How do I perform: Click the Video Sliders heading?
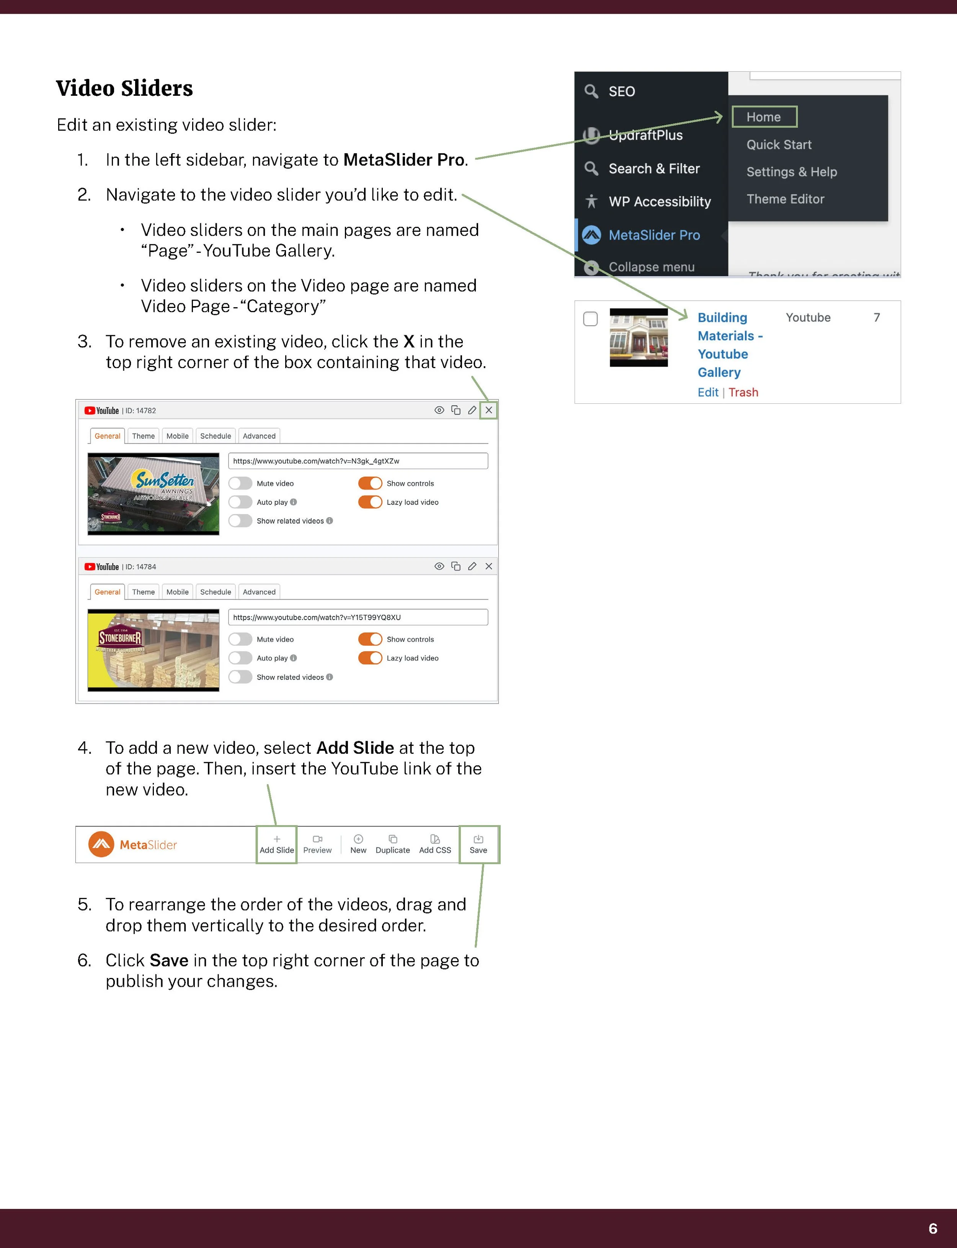(124, 88)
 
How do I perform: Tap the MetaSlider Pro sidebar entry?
(653, 235)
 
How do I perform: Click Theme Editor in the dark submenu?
(785, 199)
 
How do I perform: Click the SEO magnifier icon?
(591, 91)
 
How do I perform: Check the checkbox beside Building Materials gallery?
(590, 319)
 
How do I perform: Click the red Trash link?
(743, 392)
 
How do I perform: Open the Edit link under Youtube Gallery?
(707, 392)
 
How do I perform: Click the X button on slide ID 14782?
(488, 410)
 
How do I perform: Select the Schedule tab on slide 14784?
(215, 591)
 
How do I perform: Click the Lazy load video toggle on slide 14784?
(370, 658)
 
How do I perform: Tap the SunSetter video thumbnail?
(153, 493)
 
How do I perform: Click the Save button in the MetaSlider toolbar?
(478, 844)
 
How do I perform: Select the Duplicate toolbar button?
(392, 844)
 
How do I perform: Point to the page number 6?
(933, 1228)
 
